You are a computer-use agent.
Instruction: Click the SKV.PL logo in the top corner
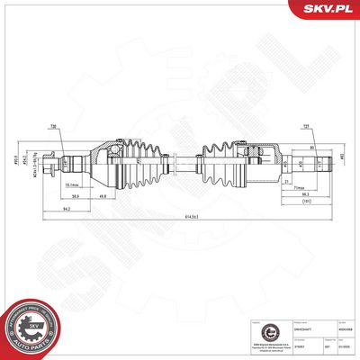click(331, 10)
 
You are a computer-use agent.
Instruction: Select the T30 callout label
click(55, 127)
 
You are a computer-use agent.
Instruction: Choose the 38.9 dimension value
click(77, 197)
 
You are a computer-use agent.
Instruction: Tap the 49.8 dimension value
click(104, 197)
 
